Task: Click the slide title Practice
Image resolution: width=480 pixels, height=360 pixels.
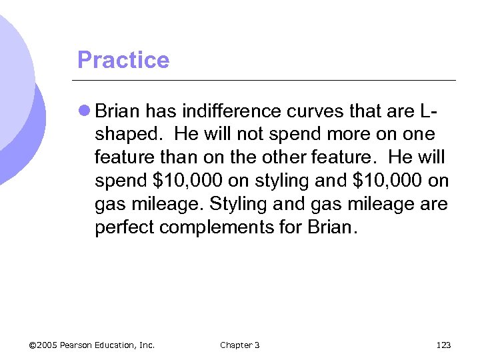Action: (123, 60)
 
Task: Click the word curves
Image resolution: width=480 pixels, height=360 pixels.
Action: (302, 110)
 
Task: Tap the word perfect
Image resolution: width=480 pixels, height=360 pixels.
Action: (125, 227)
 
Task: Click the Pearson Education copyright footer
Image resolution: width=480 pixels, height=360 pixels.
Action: (92, 345)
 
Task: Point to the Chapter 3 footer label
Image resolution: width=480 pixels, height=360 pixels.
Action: (240, 345)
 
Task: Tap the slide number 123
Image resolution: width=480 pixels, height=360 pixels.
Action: (443, 345)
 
